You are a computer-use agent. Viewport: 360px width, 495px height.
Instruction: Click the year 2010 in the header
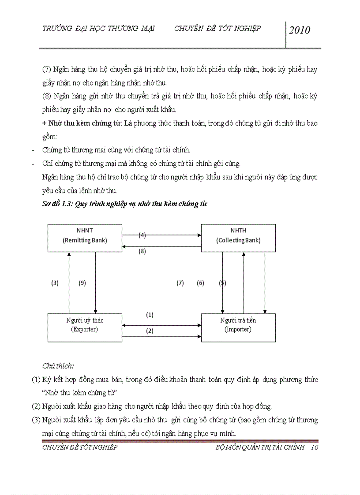tap(300, 30)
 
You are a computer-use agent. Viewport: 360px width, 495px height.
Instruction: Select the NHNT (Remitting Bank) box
tap(85, 238)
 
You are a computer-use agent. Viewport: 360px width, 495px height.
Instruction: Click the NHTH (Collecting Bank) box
tap(238, 238)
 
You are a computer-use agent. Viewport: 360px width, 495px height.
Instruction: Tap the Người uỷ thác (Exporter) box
tap(85, 327)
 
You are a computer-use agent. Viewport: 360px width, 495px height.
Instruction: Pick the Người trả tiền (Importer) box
tap(238, 327)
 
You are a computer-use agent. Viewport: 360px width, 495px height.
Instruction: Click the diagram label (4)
tap(142, 235)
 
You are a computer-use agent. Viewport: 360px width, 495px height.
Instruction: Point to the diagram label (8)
tap(142, 251)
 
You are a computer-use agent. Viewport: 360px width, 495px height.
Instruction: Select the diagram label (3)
tap(55, 283)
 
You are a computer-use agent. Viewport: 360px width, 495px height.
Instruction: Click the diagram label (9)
tap(82, 283)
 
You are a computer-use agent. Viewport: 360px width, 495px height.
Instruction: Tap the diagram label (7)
tap(180, 283)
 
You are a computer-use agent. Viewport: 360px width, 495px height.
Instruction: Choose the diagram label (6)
tap(200, 283)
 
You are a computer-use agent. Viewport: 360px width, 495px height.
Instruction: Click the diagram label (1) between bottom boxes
tap(150, 315)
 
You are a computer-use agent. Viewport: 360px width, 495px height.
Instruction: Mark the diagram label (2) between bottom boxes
tap(150, 331)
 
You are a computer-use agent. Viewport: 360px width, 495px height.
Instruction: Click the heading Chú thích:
tap(58, 365)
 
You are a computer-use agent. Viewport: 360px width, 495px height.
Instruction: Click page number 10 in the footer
tap(315, 447)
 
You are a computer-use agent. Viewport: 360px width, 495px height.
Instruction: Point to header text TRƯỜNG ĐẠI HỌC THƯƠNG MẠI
tap(98, 29)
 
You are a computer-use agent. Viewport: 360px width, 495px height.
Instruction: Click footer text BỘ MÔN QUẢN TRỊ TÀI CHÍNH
tap(260, 447)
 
